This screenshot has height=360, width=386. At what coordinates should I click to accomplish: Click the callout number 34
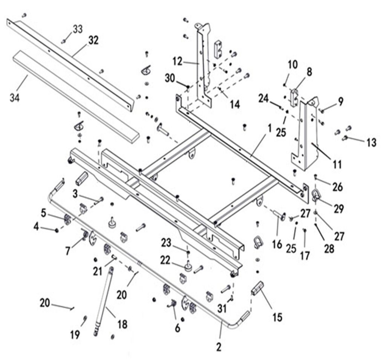(x=15, y=97)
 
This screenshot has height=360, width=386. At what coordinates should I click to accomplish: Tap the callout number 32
(x=93, y=40)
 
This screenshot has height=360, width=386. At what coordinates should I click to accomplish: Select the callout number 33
(x=78, y=29)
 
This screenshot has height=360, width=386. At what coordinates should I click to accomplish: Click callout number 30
(x=170, y=78)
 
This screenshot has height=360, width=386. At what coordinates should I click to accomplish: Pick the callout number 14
(x=234, y=104)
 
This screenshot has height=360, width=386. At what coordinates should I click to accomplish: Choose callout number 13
(x=371, y=142)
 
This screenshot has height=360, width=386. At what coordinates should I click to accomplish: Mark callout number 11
(x=337, y=164)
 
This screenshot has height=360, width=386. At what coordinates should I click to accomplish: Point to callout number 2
(x=219, y=347)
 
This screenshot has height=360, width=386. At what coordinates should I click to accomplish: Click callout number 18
(x=122, y=324)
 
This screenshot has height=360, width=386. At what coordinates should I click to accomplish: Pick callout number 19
(x=75, y=334)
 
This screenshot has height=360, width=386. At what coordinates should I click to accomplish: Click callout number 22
(x=164, y=260)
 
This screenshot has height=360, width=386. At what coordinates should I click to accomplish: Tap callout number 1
(x=269, y=128)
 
